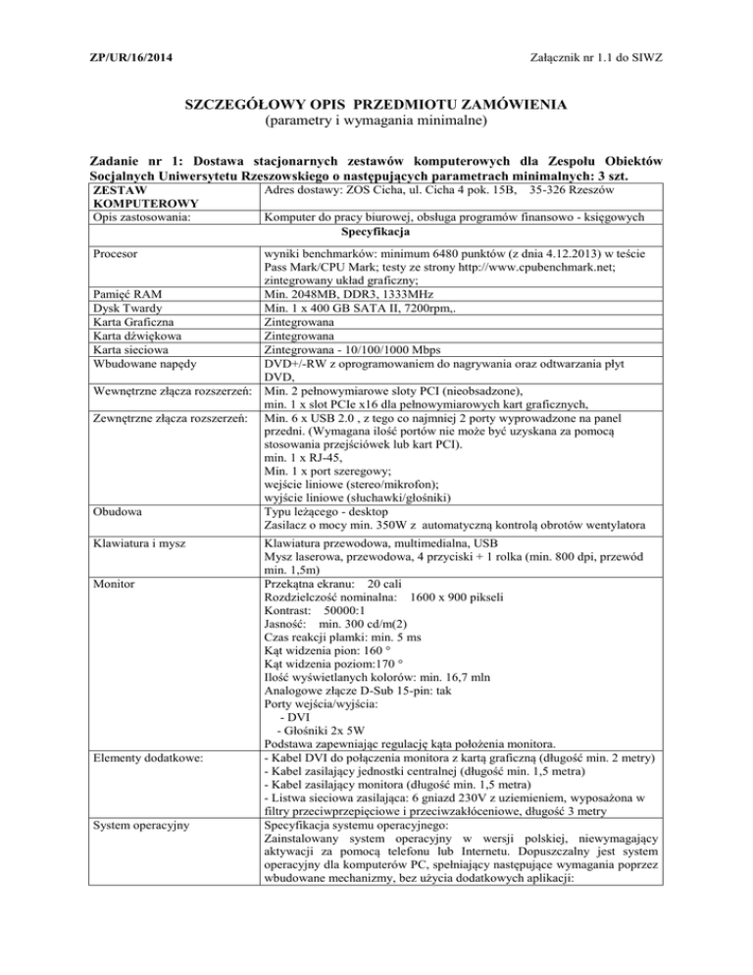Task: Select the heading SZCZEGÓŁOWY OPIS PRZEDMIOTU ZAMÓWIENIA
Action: tap(376, 105)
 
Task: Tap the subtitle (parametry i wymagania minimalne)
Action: tap(376, 124)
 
